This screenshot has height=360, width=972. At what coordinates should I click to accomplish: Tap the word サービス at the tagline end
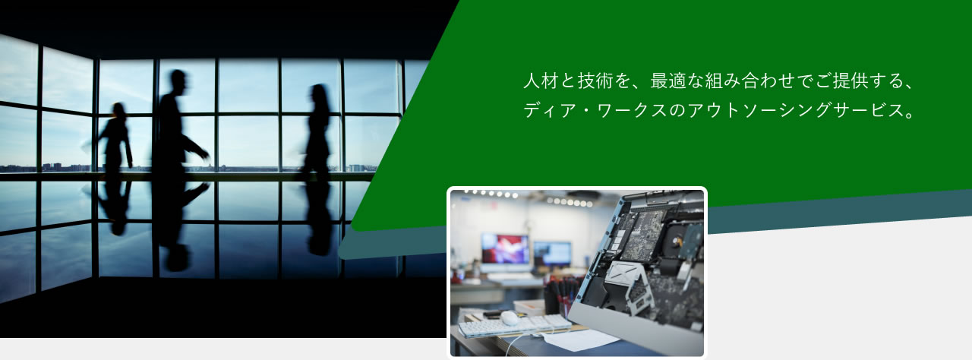[867, 110]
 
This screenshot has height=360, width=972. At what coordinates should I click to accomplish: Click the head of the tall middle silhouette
[178, 81]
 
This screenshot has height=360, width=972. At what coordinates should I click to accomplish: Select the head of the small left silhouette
[118, 110]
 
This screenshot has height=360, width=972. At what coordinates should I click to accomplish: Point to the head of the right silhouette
[319, 93]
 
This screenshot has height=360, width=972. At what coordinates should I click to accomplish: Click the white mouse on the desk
[510, 317]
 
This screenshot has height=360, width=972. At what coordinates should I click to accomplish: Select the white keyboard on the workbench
[515, 325]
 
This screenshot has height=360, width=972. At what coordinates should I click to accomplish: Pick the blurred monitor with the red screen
[505, 249]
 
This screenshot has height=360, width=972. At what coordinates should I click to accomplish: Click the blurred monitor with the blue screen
[552, 254]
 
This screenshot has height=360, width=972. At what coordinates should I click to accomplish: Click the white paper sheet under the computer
[573, 339]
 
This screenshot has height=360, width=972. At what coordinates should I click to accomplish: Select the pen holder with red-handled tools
[560, 295]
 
